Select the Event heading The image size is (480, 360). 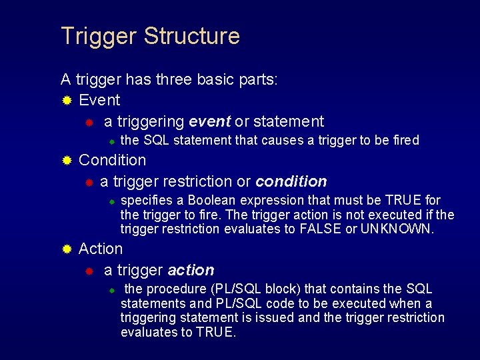coord(99,100)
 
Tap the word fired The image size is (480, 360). coord(405,140)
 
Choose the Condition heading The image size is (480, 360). coord(112,160)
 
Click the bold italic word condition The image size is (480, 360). coord(291,181)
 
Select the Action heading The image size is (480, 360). coord(101,249)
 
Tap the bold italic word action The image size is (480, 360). coord(191,270)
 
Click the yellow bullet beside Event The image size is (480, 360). coord(66,101)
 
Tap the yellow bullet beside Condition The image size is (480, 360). coord(66,161)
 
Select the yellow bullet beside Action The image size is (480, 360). coord(66,249)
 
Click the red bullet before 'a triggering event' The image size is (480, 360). coord(89,122)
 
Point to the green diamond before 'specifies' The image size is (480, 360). coord(113,201)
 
